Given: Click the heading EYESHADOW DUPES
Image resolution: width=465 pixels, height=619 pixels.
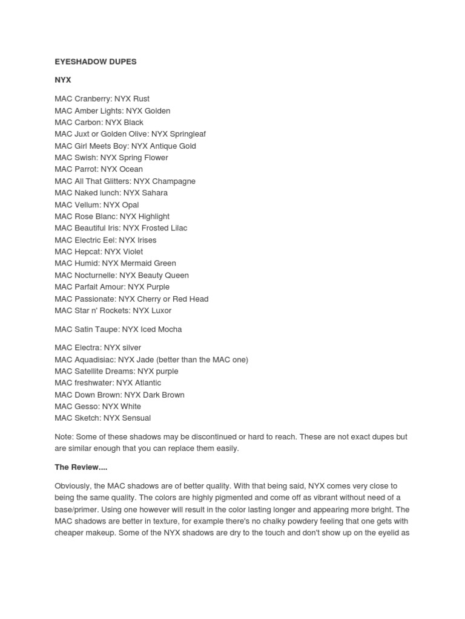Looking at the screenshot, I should click(x=95, y=62).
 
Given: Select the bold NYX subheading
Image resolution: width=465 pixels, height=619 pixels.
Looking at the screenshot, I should click(x=63, y=80).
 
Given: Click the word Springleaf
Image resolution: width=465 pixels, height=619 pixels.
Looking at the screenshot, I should click(x=188, y=134).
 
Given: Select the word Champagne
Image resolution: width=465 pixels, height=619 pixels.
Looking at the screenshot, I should click(x=174, y=181).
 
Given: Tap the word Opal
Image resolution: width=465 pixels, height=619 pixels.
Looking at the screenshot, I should click(x=130, y=205).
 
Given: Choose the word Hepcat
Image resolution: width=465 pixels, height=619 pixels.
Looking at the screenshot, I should click(x=88, y=251).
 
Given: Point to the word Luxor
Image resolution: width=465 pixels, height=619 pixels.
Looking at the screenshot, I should click(x=161, y=311).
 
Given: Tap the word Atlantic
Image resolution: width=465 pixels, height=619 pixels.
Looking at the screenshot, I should click(x=148, y=383).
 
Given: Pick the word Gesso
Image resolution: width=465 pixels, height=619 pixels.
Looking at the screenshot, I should click(x=85, y=406).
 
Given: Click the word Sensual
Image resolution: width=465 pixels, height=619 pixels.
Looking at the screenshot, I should click(x=136, y=418).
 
